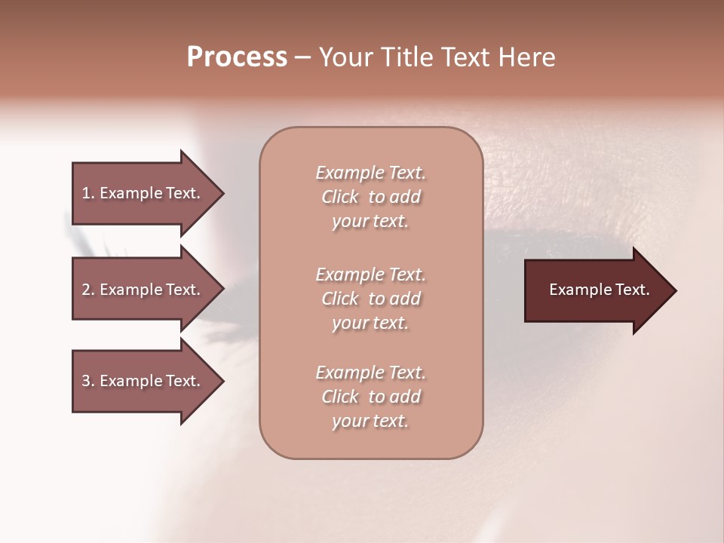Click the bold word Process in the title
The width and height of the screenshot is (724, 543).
pyautogui.click(x=237, y=57)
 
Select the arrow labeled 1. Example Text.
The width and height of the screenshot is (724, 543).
pyautogui.click(x=141, y=193)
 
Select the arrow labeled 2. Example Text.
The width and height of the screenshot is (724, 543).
pyautogui.click(x=141, y=290)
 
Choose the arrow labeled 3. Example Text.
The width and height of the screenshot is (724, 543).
pyautogui.click(x=141, y=381)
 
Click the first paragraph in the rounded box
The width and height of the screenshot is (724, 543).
pyautogui.click(x=370, y=197)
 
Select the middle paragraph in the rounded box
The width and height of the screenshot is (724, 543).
pyautogui.click(x=370, y=299)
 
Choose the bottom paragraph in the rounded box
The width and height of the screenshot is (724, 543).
pyautogui.click(x=370, y=397)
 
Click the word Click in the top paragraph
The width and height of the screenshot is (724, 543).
pyautogui.click(x=339, y=197)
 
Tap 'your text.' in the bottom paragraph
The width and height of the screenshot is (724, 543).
pyautogui.click(x=370, y=422)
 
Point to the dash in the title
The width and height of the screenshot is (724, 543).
pyautogui.click(x=302, y=58)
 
